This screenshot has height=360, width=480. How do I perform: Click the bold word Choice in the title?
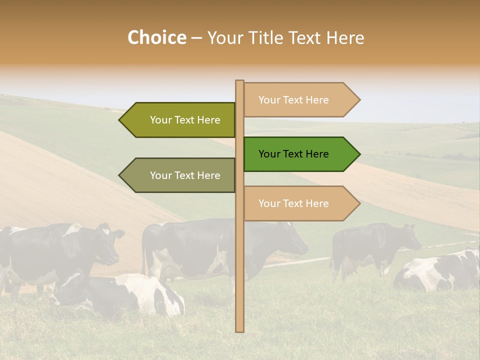pyautogui.click(x=156, y=37)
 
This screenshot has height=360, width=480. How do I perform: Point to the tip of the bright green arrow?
pyautogui.click(x=359, y=154)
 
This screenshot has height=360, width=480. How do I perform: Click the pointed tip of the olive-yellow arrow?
pyautogui.click(x=120, y=120)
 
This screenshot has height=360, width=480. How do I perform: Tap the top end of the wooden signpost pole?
pyautogui.click(x=239, y=81)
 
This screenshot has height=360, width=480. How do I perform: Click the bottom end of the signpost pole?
pyautogui.click(x=239, y=330)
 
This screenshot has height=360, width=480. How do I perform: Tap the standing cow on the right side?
pyautogui.click(x=375, y=245)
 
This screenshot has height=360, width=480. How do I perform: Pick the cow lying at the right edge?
pyautogui.click(x=440, y=272)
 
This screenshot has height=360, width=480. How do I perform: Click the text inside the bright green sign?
pyautogui.click(x=293, y=154)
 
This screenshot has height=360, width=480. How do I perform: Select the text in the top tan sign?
pyautogui.click(x=293, y=100)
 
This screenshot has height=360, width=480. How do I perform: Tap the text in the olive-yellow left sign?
pyautogui.click(x=185, y=120)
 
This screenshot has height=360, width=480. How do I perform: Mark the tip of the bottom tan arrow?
pyautogui.click(x=359, y=203)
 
